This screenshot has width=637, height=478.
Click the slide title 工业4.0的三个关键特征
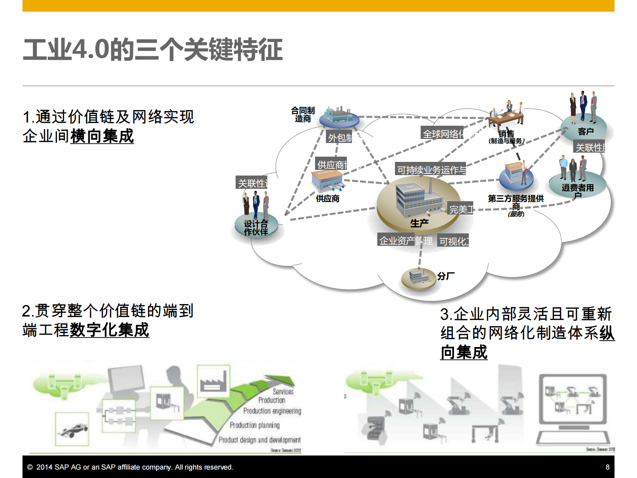153,50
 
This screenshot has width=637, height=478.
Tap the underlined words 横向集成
102,136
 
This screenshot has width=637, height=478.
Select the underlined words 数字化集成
110,330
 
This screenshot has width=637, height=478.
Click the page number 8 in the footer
607,467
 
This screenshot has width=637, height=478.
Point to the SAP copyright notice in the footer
130,467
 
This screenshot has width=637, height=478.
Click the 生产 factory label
419,223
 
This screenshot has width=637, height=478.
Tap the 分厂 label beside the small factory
446,276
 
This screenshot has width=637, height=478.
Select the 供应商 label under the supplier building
328,198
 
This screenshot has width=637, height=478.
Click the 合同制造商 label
303,114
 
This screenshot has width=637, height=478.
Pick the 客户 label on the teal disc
586,131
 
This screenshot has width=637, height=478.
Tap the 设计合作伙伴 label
256,228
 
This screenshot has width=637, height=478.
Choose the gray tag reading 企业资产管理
406,241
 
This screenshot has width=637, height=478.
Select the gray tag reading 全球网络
443,134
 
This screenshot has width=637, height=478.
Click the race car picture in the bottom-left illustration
72,429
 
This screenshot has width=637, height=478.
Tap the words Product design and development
259,440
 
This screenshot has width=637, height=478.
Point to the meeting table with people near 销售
506,116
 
